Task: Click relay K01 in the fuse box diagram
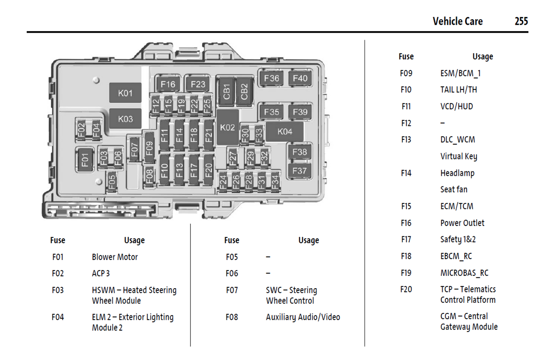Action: (125, 93)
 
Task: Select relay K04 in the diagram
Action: (284, 132)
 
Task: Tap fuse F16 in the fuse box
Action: (168, 84)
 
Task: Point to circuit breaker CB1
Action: (226, 92)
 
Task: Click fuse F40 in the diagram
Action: (300, 78)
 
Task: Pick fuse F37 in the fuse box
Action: (299, 171)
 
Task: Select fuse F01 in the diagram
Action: (85, 160)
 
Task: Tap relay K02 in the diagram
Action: (227, 127)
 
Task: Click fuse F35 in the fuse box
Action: (271, 112)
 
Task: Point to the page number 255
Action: (521, 21)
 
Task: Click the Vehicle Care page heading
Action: (457, 21)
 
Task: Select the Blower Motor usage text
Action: (115, 257)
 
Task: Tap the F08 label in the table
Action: (231, 317)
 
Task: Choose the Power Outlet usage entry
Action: (462, 223)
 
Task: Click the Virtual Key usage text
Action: (458, 156)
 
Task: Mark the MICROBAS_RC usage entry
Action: (464, 273)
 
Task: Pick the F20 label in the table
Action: (406, 289)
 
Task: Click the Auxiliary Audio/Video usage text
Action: (303, 317)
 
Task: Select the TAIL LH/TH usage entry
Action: (458, 90)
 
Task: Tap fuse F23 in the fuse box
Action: (198, 84)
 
